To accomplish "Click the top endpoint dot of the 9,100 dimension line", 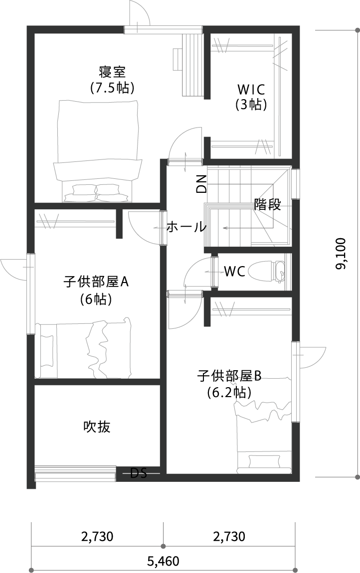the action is click(x=357, y=30).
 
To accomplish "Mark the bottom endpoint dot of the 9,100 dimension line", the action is click(x=357, y=476).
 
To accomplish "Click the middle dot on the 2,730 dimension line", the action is click(x=163, y=547).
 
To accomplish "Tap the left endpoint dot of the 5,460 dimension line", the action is click(x=31, y=570).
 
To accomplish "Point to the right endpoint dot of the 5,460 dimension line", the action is click(x=295, y=570).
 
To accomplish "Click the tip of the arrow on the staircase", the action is click(x=223, y=228).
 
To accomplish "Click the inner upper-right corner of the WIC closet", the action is click(x=292, y=34).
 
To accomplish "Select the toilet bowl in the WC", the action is click(x=260, y=272).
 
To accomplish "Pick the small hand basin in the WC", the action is click(x=280, y=272).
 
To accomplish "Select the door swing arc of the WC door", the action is click(x=198, y=271).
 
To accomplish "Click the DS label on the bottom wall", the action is click(x=139, y=473).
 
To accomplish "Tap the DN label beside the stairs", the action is click(x=201, y=184).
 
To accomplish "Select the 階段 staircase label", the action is click(x=267, y=205).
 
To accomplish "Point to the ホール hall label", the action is click(x=186, y=227).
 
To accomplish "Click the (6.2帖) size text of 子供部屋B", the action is click(x=229, y=393).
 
